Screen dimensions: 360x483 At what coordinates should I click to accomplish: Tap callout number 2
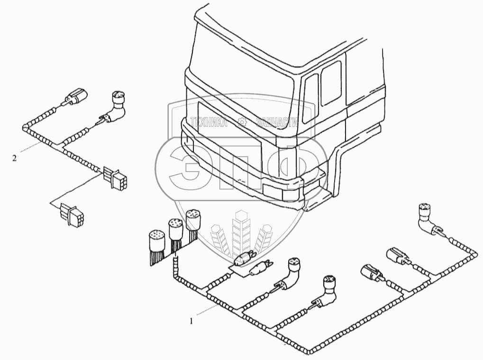[15, 157]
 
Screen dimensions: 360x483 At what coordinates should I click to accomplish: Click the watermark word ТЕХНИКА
[208, 122]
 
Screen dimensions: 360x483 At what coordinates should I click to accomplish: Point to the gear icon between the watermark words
[243, 122]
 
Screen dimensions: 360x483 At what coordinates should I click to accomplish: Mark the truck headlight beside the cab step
[281, 193]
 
